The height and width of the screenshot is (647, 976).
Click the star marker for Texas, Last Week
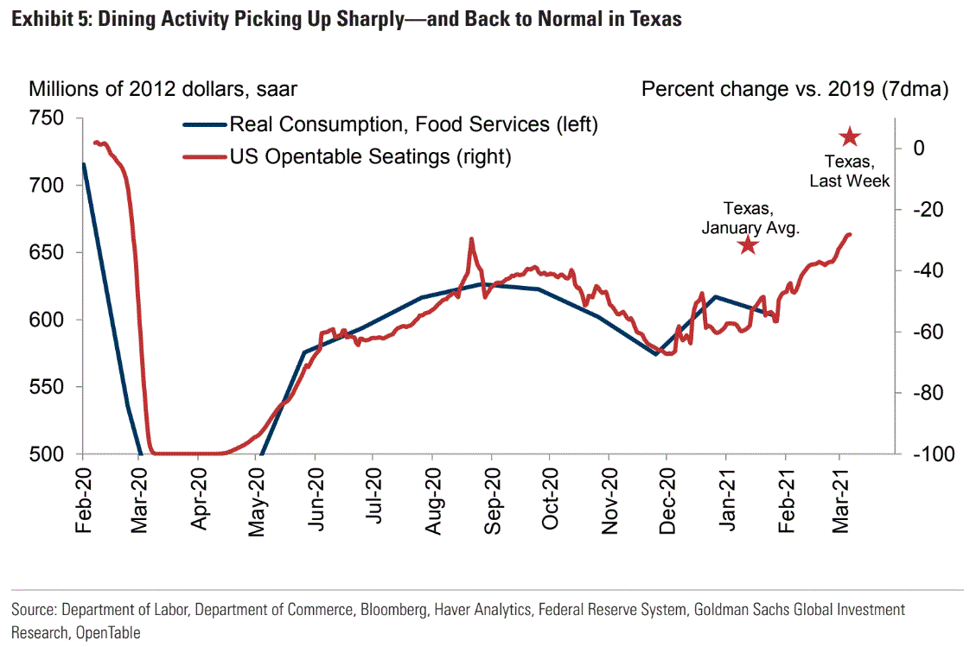click(x=850, y=136)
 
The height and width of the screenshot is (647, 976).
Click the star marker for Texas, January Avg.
click(x=748, y=245)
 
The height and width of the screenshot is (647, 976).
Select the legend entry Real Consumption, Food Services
click(x=413, y=125)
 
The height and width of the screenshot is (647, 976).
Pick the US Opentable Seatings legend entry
click(x=370, y=156)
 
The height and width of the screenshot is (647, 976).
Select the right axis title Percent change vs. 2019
click(x=794, y=89)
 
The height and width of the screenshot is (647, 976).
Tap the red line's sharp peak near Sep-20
click(x=471, y=238)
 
